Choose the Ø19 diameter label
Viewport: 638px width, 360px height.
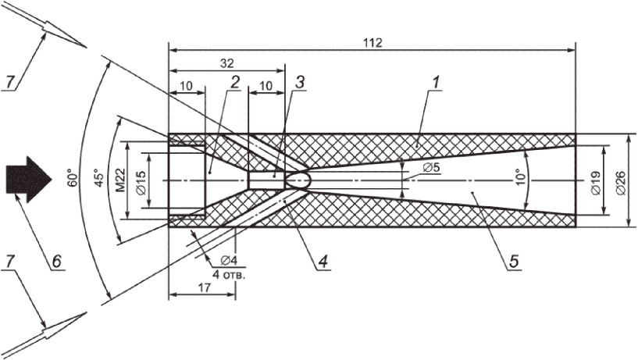pos(597,180)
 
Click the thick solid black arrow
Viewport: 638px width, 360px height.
pos(28,179)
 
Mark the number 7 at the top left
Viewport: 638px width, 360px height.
pos(10,81)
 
